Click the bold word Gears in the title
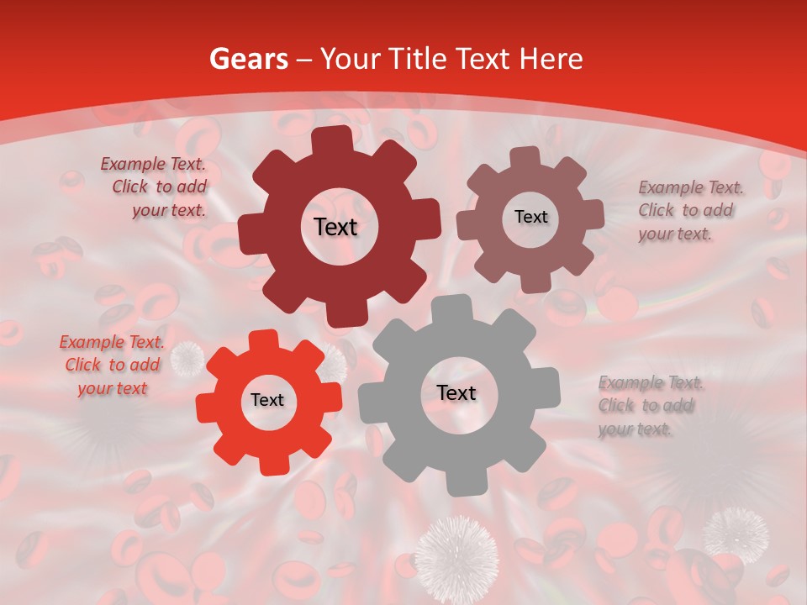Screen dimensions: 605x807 click(248, 59)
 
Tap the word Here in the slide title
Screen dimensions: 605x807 click(551, 59)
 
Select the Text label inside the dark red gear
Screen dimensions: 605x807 click(335, 227)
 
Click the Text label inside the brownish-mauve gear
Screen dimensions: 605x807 click(530, 217)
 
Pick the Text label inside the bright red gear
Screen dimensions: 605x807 click(267, 401)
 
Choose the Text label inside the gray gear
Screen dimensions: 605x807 click(456, 393)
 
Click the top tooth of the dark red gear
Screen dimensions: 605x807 click(334, 139)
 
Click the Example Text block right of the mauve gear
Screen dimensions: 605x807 click(687, 210)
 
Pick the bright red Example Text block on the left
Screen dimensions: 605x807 click(112, 365)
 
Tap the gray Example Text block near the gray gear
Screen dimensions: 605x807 click(648, 406)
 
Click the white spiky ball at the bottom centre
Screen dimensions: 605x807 click(456, 557)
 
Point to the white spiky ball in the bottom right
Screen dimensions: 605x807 click(736, 533)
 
